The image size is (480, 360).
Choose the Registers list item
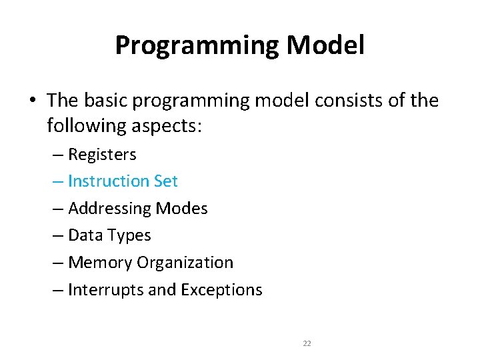[102, 155]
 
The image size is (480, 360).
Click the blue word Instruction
[109, 181]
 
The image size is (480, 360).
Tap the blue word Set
[166, 181]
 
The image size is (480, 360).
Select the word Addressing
[110, 209]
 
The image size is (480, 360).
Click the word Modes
[182, 209]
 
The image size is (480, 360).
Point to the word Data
[83, 235]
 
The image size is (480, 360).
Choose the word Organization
[185, 263]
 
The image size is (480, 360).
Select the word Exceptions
[223, 290]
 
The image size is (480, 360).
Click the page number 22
[307, 343]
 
